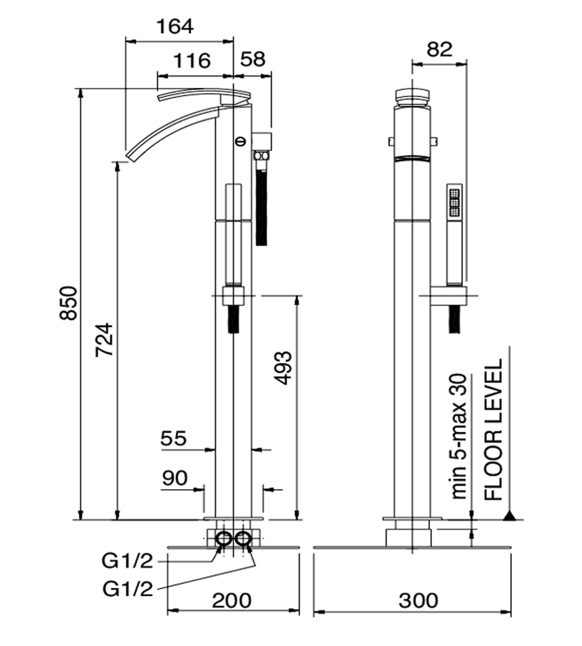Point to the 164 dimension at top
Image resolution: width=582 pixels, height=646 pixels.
(x=175, y=26)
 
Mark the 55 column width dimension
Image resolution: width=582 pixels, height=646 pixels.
(x=173, y=439)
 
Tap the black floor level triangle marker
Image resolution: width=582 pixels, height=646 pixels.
(x=510, y=516)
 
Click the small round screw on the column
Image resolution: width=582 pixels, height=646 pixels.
(x=240, y=139)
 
